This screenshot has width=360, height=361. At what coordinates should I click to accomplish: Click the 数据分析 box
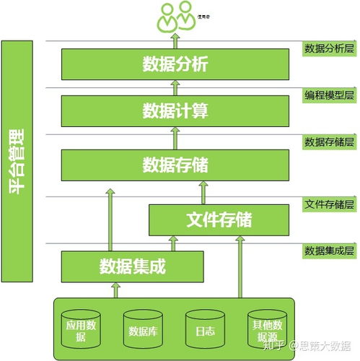point(176,64)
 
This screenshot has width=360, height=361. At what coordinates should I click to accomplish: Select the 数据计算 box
point(176,110)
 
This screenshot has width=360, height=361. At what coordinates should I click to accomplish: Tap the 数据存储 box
point(176,165)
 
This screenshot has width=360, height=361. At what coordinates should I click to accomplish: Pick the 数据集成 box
point(133,266)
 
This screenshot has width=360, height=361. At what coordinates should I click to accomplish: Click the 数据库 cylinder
point(143,329)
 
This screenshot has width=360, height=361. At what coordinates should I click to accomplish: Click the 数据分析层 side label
point(329,49)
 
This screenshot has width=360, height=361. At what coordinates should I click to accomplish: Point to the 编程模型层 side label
point(329,95)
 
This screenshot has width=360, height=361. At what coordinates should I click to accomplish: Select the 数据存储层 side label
point(329,142)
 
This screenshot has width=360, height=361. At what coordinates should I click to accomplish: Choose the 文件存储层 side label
point(329,204)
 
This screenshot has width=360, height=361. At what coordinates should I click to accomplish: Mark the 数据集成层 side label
point(329,251)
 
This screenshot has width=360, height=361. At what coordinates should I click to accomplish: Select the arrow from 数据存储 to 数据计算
point(176,137)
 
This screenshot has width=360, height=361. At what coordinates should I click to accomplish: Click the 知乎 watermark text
point(276,346)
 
